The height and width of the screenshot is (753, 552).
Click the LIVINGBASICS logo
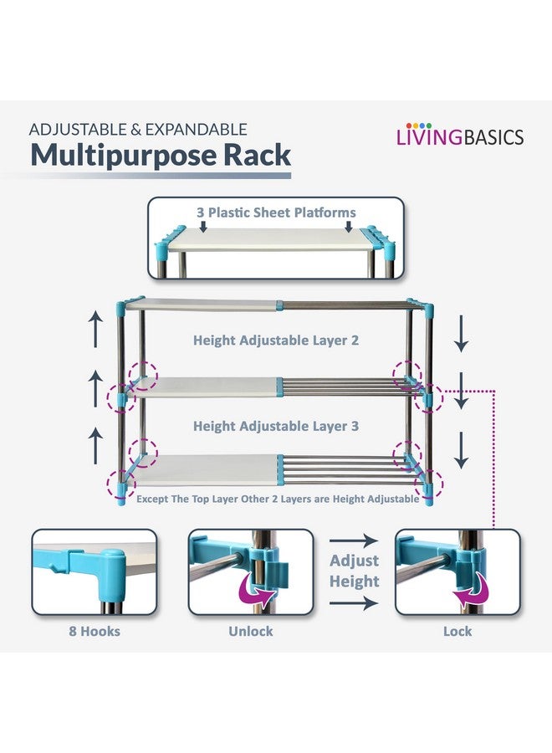tap(460, 135)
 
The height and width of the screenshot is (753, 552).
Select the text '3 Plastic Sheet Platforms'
tap(276, 213)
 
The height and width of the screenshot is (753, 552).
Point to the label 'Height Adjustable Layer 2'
tap(276, 341)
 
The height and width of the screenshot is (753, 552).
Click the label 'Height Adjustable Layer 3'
tap(276, 426)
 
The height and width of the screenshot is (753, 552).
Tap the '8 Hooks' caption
tap(95, 631)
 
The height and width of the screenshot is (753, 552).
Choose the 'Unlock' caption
tap(251, 631)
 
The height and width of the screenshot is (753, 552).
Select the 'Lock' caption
tap(457, 631)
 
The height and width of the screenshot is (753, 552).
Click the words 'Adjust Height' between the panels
tap(355, 571)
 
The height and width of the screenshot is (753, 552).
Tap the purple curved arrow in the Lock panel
tap(471, 590)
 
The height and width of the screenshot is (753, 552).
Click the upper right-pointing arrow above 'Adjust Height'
tap(354, 540)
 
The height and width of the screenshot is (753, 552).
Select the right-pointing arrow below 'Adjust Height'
tap(354, 602)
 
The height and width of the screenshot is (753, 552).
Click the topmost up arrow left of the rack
tap(96, 329)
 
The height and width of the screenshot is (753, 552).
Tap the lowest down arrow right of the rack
tap(462, 450)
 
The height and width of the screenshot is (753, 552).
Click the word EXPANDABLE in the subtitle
tap(197, 130)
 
